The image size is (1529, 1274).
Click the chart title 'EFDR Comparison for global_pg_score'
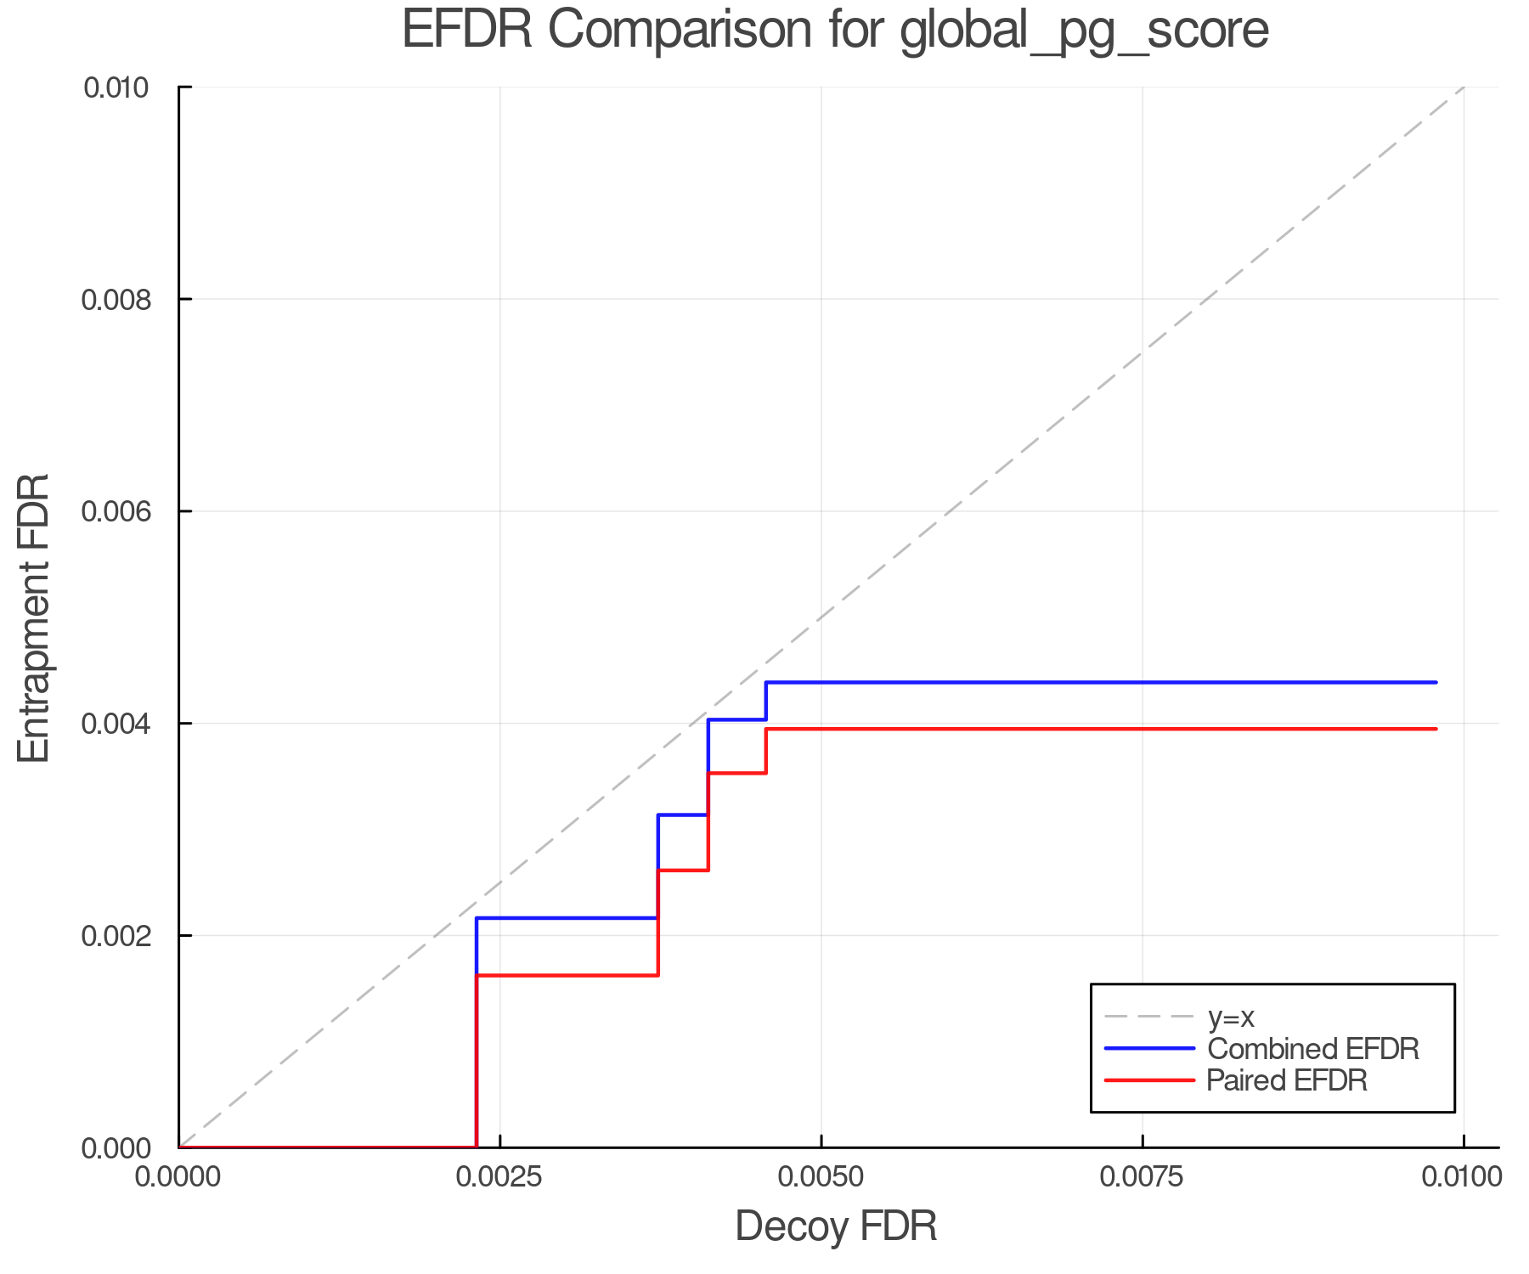[835, 31]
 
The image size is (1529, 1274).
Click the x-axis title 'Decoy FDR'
[836, 1226]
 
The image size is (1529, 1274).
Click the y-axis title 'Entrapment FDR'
[35, 617]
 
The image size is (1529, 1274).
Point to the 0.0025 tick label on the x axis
[499, 1176]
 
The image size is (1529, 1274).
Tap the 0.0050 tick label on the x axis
[821, 1176]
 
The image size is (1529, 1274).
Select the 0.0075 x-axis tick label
[1142, 1176]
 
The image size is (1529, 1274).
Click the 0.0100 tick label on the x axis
[1463, 1176]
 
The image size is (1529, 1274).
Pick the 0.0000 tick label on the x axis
[178, 1176]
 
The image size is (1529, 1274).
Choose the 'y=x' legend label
[1231, 1017]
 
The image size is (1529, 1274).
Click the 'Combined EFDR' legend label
[1312, 1049]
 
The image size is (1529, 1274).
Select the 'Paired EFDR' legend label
[1287, 1080]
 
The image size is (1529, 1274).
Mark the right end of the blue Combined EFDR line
[1436, 682]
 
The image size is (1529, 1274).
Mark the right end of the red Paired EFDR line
[1436, 729]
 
